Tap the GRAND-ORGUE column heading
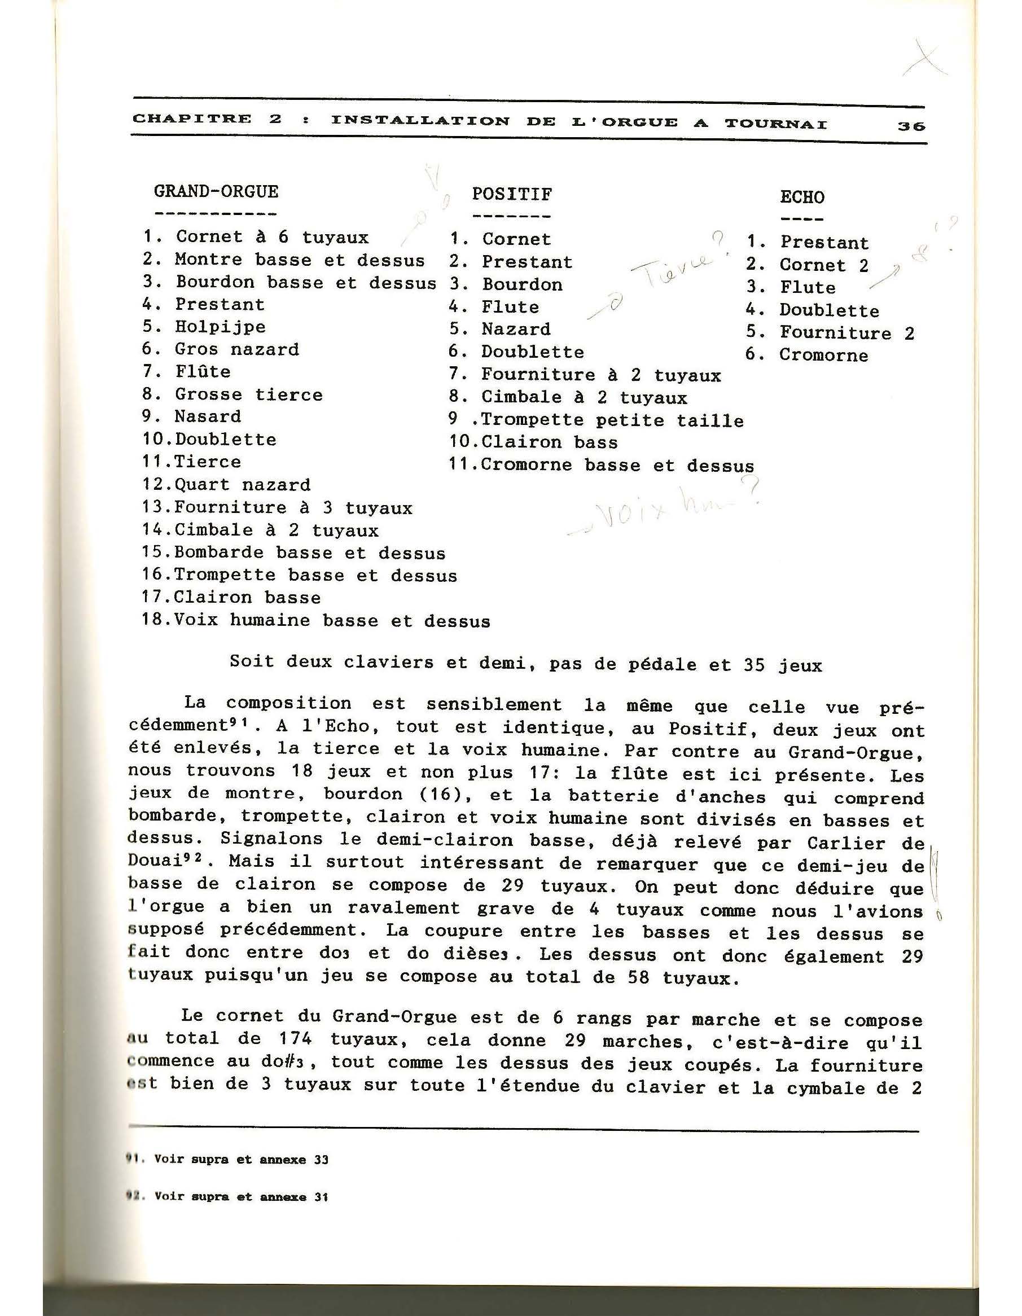click(216, 192)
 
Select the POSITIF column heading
click(512, 194)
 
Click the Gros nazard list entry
click(237, 349)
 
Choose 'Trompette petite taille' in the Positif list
click(612, 420)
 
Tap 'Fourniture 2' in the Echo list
click(846, 332)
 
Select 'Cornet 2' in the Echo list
click(824, 265)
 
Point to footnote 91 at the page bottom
click(229, 1159)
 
